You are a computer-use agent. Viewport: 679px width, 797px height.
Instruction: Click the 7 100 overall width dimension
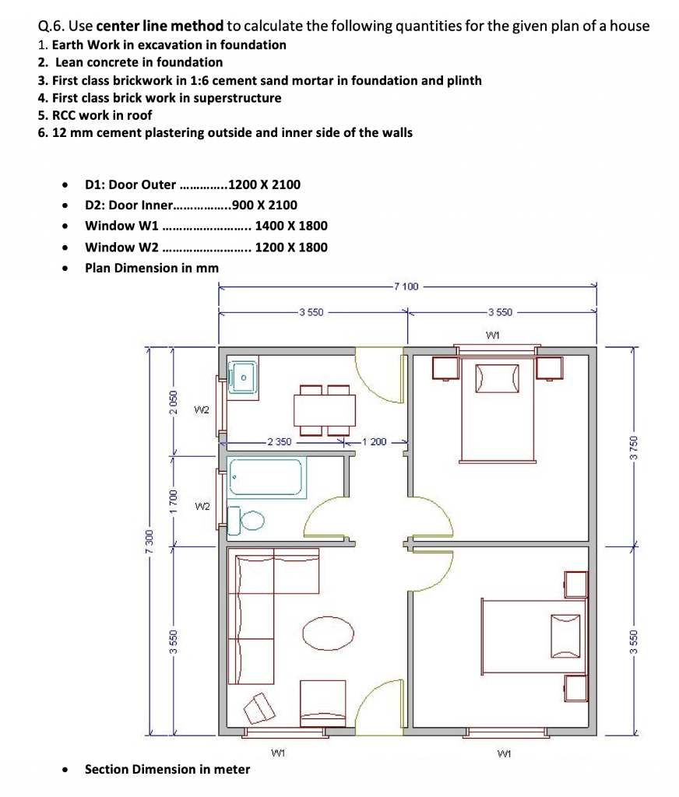[x=406, y=286]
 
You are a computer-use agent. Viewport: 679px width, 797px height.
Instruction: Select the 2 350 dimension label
[x=280, y=442]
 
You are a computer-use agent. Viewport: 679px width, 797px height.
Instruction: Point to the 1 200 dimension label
[x=374, y=442]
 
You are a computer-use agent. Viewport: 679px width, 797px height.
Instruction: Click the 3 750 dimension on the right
[x=633, y=448]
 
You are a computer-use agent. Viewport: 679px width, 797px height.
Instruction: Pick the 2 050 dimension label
[x=174, y=402]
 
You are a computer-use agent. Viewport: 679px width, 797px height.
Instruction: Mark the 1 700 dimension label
[x=174, y=501]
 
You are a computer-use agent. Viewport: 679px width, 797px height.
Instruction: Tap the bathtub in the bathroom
[x=266, y=477]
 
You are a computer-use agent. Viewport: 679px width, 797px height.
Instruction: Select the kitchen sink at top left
[x=243, y=377]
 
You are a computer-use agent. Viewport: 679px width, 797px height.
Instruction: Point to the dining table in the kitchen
[x=325, y=411]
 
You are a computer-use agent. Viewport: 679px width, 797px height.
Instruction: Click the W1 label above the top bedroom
[x=493, y=335]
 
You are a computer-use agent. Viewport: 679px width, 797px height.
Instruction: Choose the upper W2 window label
[x=202, y=409]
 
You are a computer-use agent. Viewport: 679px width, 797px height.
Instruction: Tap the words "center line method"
[x=160, y=26]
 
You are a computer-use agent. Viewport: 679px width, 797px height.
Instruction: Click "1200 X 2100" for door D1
[x=265, y=184]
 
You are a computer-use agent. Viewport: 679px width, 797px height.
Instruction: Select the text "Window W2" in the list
[x=121, y=247]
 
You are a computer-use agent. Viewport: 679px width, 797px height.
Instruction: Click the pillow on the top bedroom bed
[x=498, y=378]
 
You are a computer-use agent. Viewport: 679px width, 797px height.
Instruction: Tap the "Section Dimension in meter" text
[x=167, y=769]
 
